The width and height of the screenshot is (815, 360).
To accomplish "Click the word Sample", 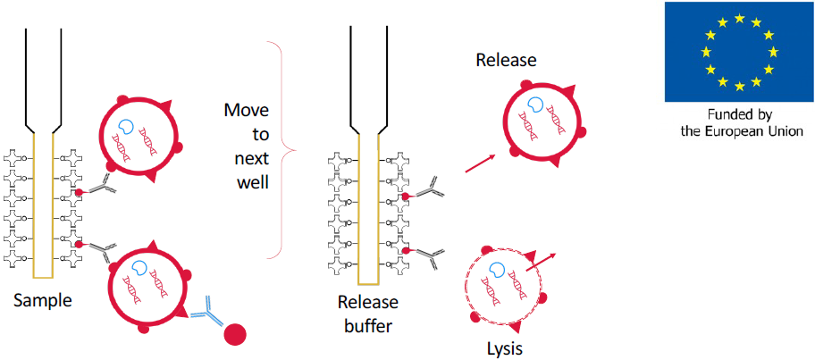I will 42,302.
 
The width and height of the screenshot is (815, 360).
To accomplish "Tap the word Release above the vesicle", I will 506,61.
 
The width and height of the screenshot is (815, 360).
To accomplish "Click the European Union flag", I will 739,51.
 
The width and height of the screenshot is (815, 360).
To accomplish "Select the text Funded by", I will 739,114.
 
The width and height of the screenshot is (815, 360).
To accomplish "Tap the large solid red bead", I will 235,334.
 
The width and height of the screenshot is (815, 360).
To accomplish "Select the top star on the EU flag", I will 739,17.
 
